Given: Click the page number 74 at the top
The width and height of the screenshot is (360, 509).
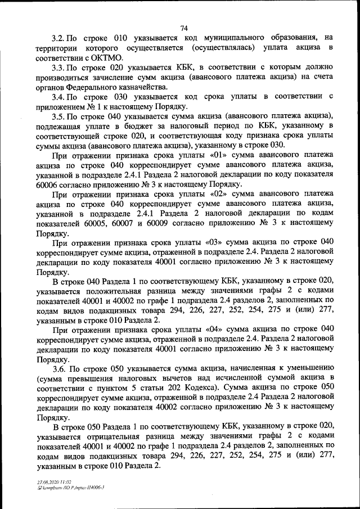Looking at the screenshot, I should (184, 28).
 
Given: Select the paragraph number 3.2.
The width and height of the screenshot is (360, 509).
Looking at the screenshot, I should (58, 39).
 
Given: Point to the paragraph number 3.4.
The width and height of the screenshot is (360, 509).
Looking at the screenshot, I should (58, 97).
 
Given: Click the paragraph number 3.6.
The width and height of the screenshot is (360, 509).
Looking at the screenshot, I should (60, 369).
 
